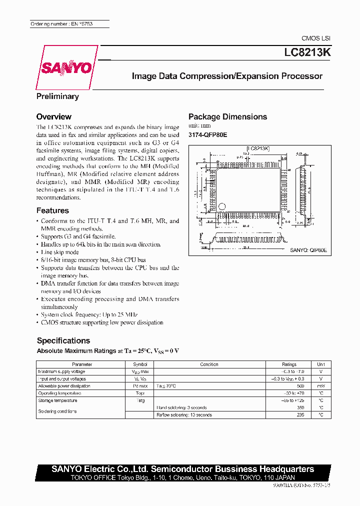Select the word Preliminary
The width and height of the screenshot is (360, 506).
pos(57,96)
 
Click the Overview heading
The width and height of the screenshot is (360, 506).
pos(54,116)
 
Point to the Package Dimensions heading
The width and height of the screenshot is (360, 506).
pos(227,116)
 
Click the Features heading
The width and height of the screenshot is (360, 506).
pos(52,210)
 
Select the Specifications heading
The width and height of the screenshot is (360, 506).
pos(63,340)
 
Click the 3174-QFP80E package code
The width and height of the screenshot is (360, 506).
pos(207,134)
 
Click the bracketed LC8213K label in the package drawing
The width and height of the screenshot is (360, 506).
pos(258,148)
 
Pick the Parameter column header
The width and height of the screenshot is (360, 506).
pos(82,364)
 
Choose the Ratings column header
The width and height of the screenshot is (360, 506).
pos(289,364)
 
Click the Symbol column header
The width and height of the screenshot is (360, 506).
pos(140,364)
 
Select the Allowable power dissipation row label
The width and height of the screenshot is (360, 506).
pos(64,386)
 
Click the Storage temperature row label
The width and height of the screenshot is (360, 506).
pos(57,400)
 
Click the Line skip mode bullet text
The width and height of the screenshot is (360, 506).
pos(59,252)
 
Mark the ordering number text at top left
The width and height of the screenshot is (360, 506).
pos(55,24)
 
